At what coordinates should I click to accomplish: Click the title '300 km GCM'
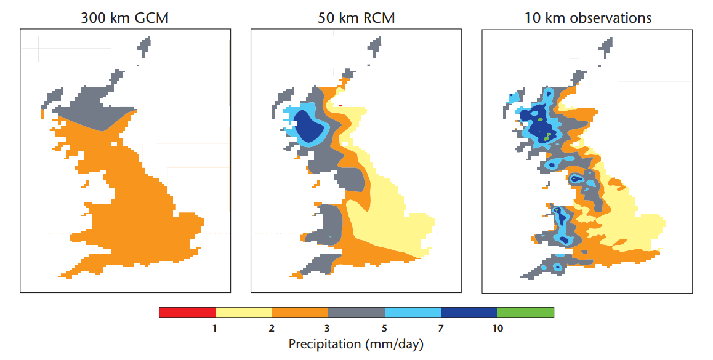pos(124,18)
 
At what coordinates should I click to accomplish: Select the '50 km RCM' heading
pos(356,18)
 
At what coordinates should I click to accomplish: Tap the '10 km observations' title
pos(587,18)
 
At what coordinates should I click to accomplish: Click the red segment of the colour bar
pos(187,312)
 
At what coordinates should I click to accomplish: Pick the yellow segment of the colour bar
pos(243,312)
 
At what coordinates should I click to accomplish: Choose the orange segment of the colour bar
pos(300,312)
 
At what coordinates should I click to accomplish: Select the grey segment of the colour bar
pos(356,312)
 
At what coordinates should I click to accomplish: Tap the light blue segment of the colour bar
pos(413,312)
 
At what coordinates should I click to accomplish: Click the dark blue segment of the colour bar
pos(469,312)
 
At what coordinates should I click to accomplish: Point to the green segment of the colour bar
pos(526,312)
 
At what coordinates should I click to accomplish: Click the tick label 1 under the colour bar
pos(215,328)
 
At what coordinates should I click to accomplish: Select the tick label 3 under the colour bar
pos(328,328)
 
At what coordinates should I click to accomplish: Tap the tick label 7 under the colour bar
pos(441,328)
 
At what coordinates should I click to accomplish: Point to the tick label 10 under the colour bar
pos(498,328)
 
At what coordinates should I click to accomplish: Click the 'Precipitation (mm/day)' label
pos(356,344)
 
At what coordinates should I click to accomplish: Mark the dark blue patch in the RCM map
pos(308,126)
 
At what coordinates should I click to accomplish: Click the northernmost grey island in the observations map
pos(606,47)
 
